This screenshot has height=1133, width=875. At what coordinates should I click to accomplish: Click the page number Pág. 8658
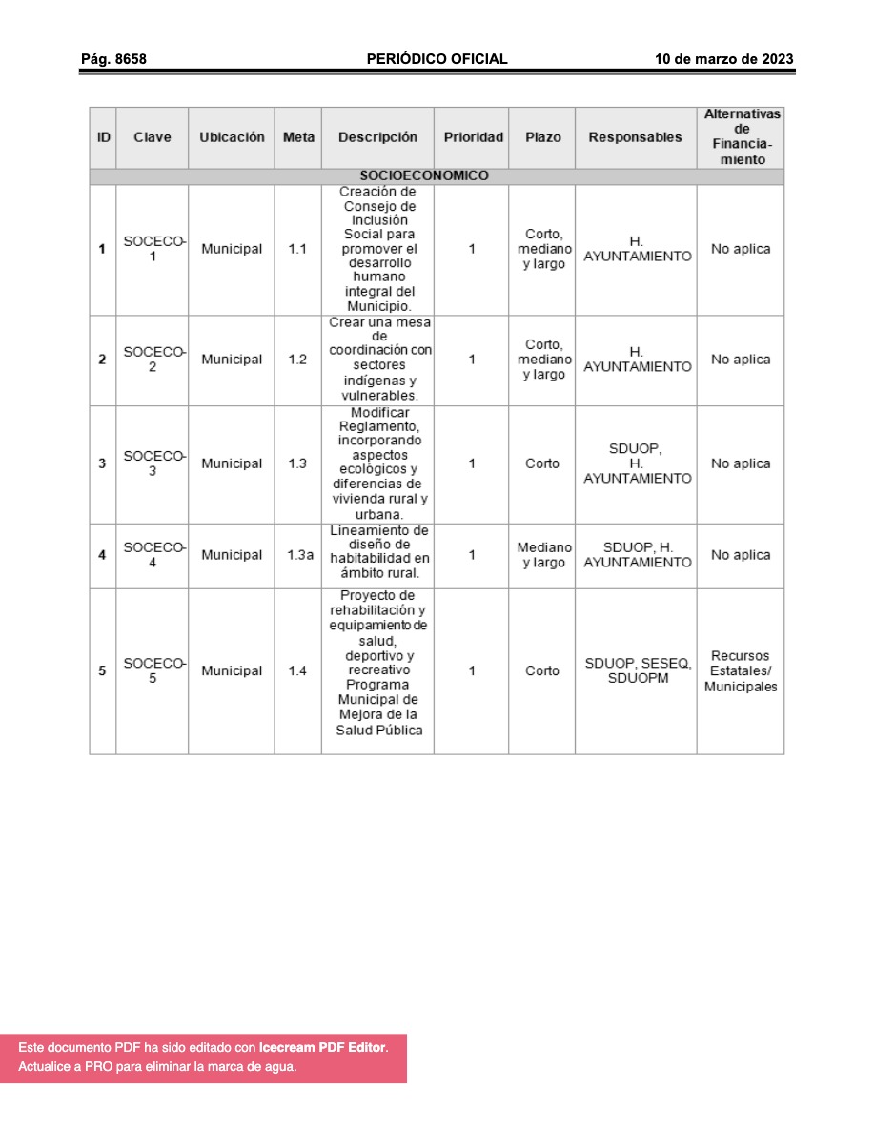coord(113,59)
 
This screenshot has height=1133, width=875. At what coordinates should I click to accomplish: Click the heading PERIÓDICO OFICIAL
coord(437,59)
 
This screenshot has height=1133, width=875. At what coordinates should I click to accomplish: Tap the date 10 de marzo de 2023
coord(723,59)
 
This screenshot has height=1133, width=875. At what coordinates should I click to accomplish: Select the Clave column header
coord(153,137)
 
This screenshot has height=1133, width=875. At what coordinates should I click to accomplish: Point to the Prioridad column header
coord(473,137)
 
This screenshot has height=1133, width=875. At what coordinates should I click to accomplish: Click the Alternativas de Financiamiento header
coord(742,137)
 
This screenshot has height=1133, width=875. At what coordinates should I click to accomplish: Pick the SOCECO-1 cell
coord(153,249)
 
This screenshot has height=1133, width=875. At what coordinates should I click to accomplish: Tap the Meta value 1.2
coord(297,360)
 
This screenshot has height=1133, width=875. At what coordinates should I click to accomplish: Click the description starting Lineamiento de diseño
coord(379,551)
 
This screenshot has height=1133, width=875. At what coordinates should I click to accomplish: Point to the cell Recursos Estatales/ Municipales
coord(741,671)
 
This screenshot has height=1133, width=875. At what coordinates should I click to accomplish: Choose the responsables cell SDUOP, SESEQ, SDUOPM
coord(638,670)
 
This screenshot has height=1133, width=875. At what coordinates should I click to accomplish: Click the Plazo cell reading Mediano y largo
coord(543,555)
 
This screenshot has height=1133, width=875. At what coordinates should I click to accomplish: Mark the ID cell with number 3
coord(102,463)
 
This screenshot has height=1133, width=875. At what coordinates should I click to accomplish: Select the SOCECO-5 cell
coord(153,670)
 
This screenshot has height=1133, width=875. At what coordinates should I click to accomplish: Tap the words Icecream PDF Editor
coord(322,1047)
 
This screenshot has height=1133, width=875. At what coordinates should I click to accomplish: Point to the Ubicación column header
coord(232,137)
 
